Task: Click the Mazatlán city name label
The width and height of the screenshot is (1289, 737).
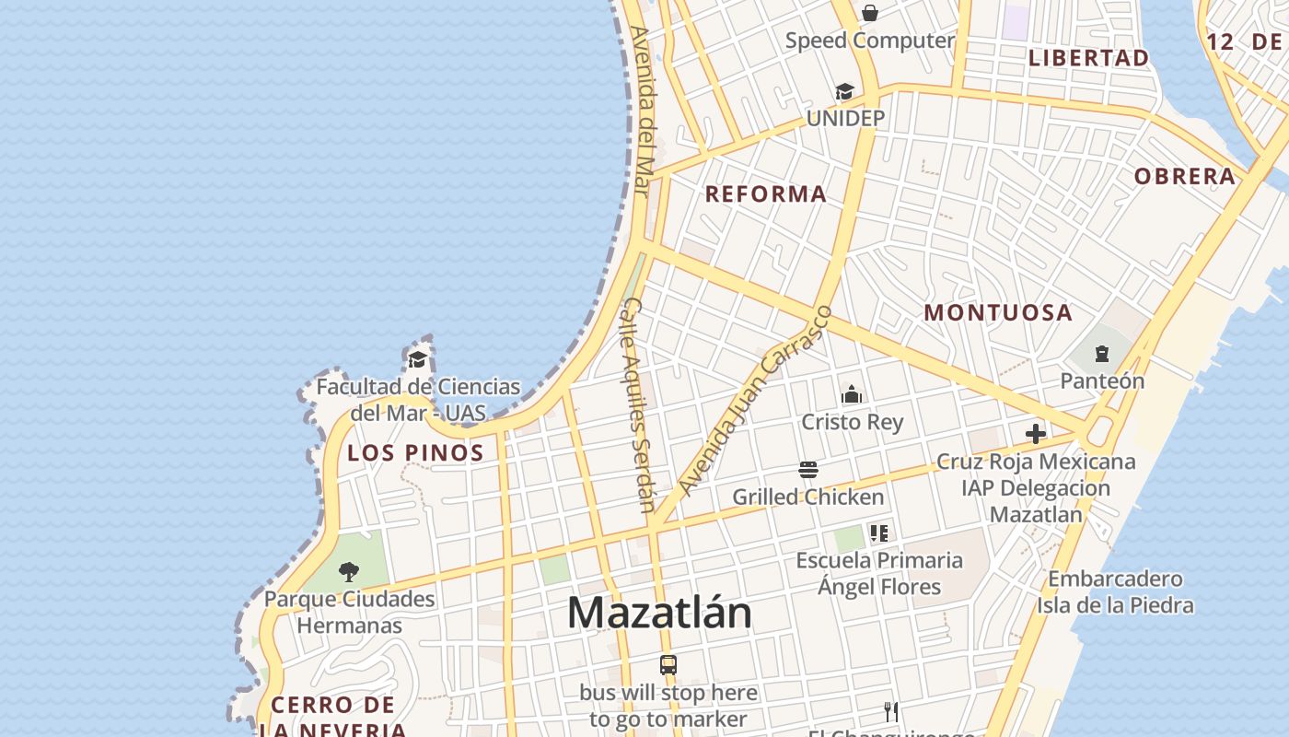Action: (659, 613)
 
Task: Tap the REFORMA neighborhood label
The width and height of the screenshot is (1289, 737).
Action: (766, 194)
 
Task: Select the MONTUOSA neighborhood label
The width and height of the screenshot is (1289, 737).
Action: (998, 312)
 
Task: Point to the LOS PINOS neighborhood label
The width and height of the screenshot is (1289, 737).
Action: (415, 453)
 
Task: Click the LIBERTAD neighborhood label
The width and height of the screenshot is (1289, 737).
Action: (1088, 58)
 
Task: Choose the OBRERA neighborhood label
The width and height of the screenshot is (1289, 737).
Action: (1184, 177)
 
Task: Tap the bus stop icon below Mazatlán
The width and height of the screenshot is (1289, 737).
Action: (668, 664)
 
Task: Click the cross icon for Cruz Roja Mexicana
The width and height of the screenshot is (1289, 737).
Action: (1036, 434)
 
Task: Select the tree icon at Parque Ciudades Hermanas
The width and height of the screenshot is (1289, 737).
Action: (348, 572)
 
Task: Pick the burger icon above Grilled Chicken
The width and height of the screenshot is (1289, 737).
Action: (808, 470)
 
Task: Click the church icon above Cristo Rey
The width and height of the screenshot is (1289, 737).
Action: (852, 394)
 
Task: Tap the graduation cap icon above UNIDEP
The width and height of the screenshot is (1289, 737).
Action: (844, 91)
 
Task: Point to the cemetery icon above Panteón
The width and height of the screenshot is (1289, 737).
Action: (1102, 354)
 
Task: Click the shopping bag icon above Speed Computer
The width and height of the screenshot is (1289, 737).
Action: (869, 13)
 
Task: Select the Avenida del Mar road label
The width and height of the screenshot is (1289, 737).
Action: (643, 111)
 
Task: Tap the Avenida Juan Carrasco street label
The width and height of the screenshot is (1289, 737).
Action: (754, 400)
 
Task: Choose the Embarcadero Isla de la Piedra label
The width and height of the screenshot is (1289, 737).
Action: (1115, 592)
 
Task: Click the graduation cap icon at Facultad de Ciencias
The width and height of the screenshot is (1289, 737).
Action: (418, 359)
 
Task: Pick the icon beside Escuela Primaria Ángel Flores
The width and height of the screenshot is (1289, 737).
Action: (879, 532)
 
